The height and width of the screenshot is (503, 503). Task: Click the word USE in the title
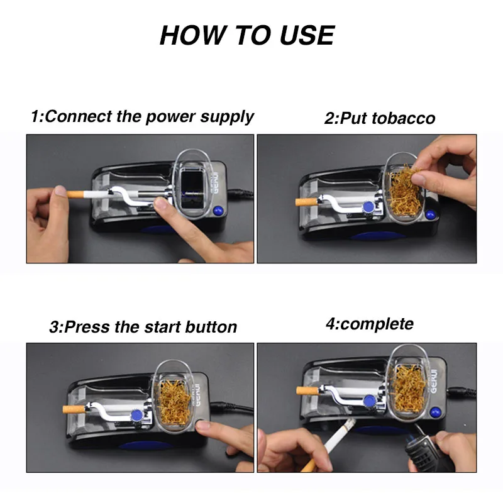pyautogui.click(x=307, y=35)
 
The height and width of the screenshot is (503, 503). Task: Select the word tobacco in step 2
pyautogui.click(x=404, y=118)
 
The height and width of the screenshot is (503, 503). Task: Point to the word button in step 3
pyautogui.click(x=211, y=327)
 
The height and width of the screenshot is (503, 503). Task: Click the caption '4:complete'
pyautogui.click(x=370, y=324)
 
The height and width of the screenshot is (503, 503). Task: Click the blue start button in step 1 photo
pyautogui.click(x=218, y=211)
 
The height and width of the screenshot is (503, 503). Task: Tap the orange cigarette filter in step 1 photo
pyautogui.click(x=75, y=194)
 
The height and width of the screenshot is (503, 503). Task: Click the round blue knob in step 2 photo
pyautogui.click(x=368, y=207)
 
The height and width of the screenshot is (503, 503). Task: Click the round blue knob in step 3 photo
pyautogui.click(x=136, y=415)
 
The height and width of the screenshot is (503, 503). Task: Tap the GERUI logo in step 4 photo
pyautogui.click(x=434, y=381)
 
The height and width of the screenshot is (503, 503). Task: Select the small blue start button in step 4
pyautogui.click(x=435, y=412)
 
